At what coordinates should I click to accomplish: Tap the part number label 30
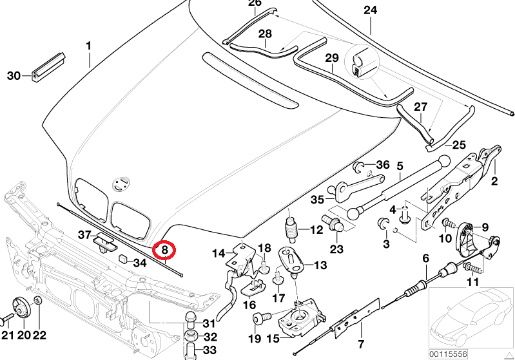pyautogui.click(x=14, y=76)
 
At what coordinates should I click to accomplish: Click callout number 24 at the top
pyautogui.click(x=370, y=10)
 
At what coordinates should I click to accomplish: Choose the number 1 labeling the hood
pyautogui.click(x=89, y=46)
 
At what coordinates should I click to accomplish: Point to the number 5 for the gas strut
pyautogui.click(x=400, y=167)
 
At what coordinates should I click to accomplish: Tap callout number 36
pyautogui.click(x=382, y=165)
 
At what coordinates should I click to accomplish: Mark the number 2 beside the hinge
pyautogui.click(x=495, y=181)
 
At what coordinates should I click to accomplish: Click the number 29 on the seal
pyautogui.click(x=331, y=59)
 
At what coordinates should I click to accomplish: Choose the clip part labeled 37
pyautogui.click(x=104, y=243)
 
